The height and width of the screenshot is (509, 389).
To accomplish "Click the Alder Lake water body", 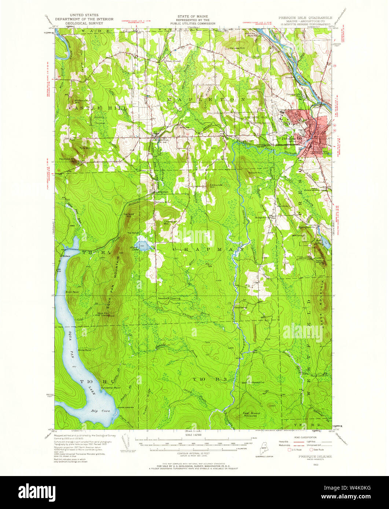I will click(x=143, y=245).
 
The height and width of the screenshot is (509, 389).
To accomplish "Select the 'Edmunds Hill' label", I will click(x=216, y=186).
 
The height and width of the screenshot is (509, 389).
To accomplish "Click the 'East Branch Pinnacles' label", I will click(x=252, y=415).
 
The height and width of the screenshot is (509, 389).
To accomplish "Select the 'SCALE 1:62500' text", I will click(x=194, y=435).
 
